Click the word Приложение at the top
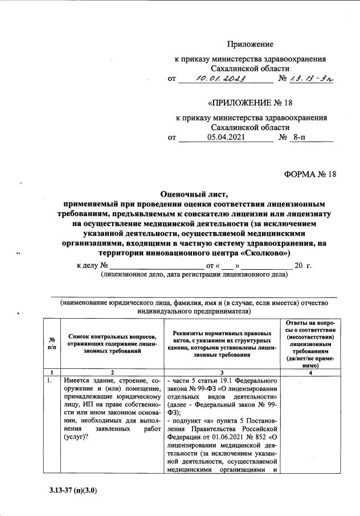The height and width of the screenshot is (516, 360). point(251,44)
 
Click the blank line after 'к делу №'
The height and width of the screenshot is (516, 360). point(156,266)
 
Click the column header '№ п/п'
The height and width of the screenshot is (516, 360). point(52,343)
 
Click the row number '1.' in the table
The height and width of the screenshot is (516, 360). point(51,380)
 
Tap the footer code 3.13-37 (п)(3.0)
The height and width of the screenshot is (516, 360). point(73,489)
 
